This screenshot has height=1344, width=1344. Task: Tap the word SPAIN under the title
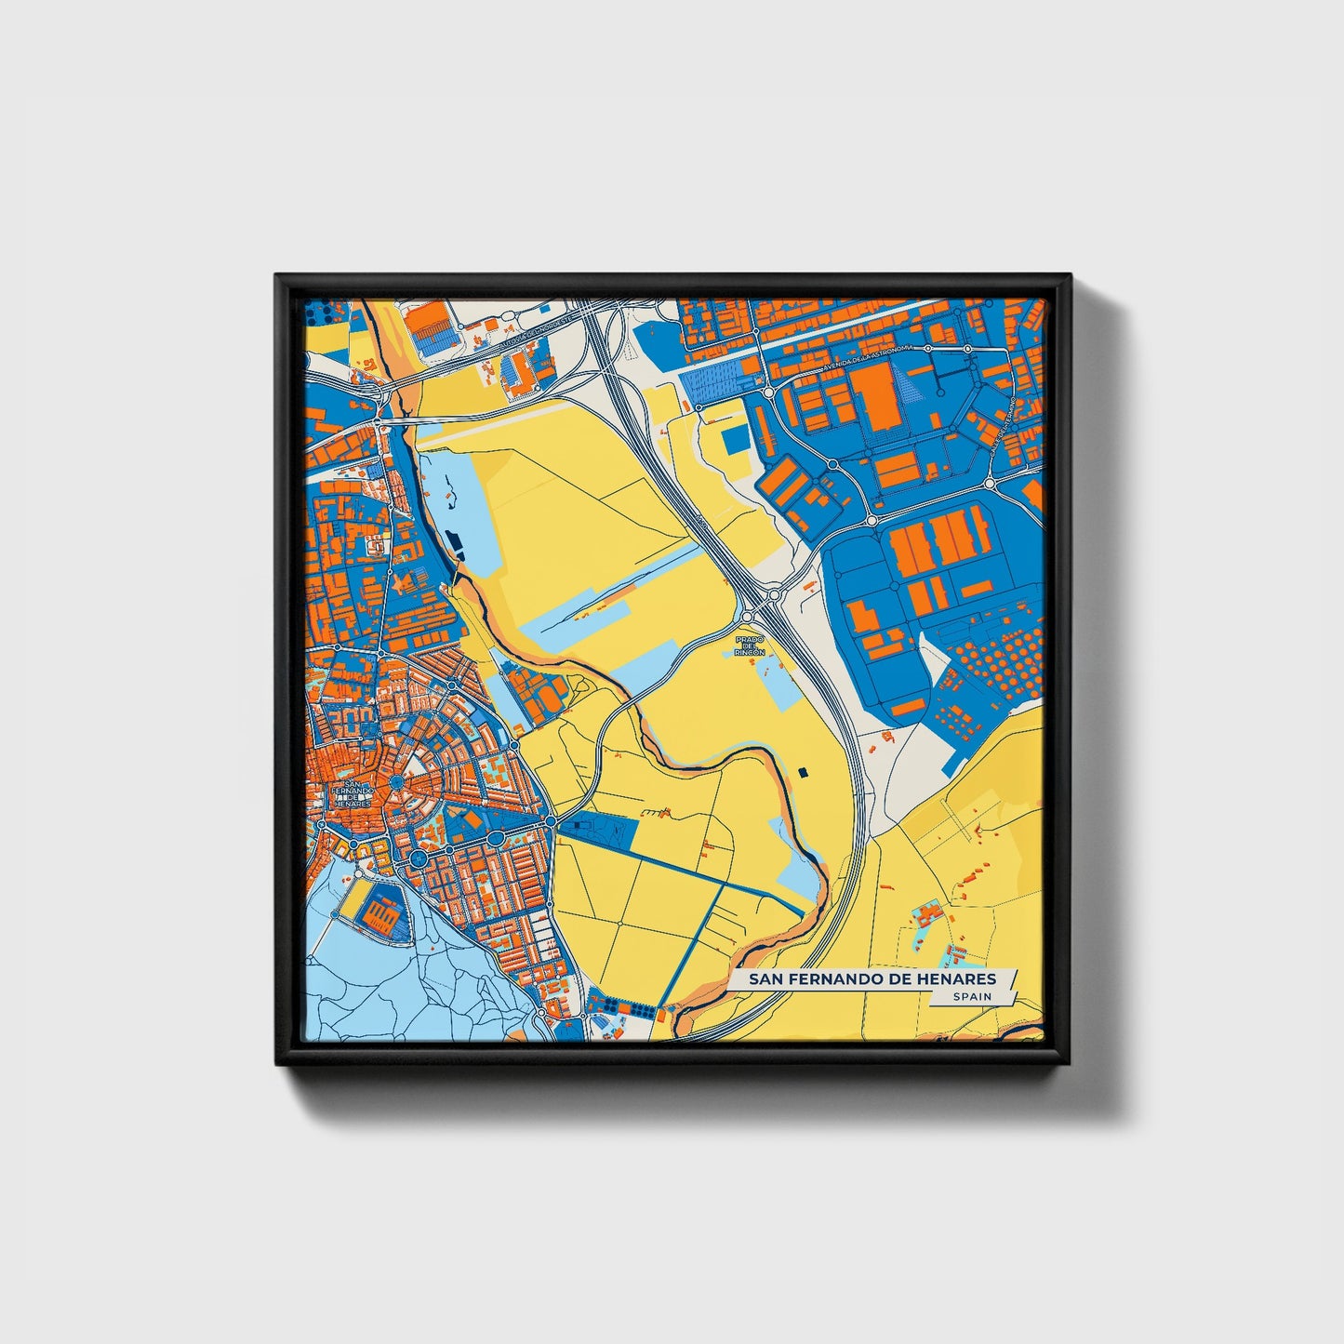972,997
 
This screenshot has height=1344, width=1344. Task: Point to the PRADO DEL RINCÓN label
750,646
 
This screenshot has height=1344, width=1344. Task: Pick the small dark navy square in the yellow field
803,771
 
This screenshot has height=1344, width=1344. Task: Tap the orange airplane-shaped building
402,584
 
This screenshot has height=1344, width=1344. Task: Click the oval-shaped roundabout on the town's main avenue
419,858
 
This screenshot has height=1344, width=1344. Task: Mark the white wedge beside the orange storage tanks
934,657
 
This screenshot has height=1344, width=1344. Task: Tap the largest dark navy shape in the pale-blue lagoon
458,541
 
